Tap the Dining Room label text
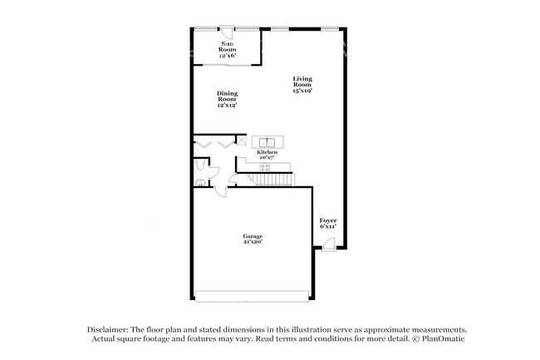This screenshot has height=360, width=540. [x=227, y=99]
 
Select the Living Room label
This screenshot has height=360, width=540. [x=301, y=84]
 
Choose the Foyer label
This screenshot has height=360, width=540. [x=329, y=220]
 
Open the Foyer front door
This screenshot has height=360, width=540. [x=329, y=244]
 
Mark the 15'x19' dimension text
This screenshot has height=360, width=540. [x=301, y=90]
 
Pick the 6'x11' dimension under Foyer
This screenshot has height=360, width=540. [x=329, y=225]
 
